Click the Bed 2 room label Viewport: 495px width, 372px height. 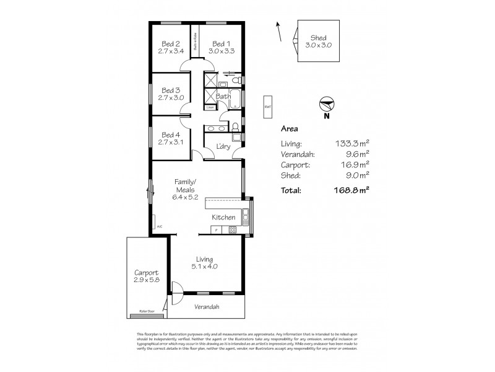point(171,43)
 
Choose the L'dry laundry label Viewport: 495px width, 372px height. point(223,146)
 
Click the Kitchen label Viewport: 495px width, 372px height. point(223,218)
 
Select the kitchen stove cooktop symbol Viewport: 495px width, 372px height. point(233,230)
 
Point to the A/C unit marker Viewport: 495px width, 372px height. point(159,226)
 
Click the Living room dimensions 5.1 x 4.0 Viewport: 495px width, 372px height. point(204,267)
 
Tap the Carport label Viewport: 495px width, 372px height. point(147,272)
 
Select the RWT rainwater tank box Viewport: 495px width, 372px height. point(267,106)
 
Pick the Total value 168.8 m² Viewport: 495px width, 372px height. point(348,191)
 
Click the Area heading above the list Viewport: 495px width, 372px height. point(289,130)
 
